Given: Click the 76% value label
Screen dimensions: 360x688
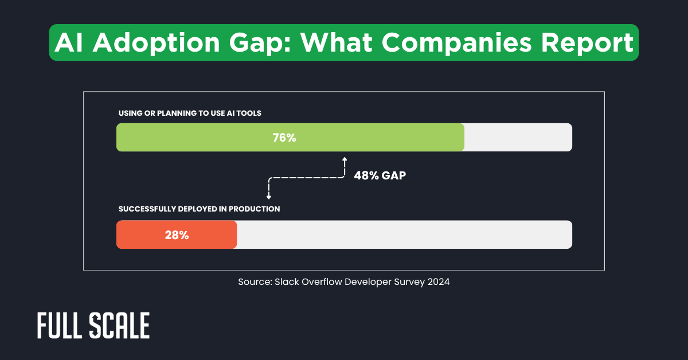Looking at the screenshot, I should click(284, 138).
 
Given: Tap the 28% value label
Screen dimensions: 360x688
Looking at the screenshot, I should click(177, 235).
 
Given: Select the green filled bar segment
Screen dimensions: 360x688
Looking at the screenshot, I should click(218, 138).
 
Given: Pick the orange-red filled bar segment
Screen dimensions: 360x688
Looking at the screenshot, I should click(143, 235).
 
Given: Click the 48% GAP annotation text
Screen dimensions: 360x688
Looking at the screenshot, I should click(380, 176).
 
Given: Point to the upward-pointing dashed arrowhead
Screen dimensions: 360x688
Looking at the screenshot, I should click(345, 160).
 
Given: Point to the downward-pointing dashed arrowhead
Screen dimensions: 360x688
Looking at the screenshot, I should click(268, 197).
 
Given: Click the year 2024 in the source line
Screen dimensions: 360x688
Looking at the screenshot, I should click(438, 282).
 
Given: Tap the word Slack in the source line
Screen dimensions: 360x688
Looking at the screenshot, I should click(286, 282).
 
